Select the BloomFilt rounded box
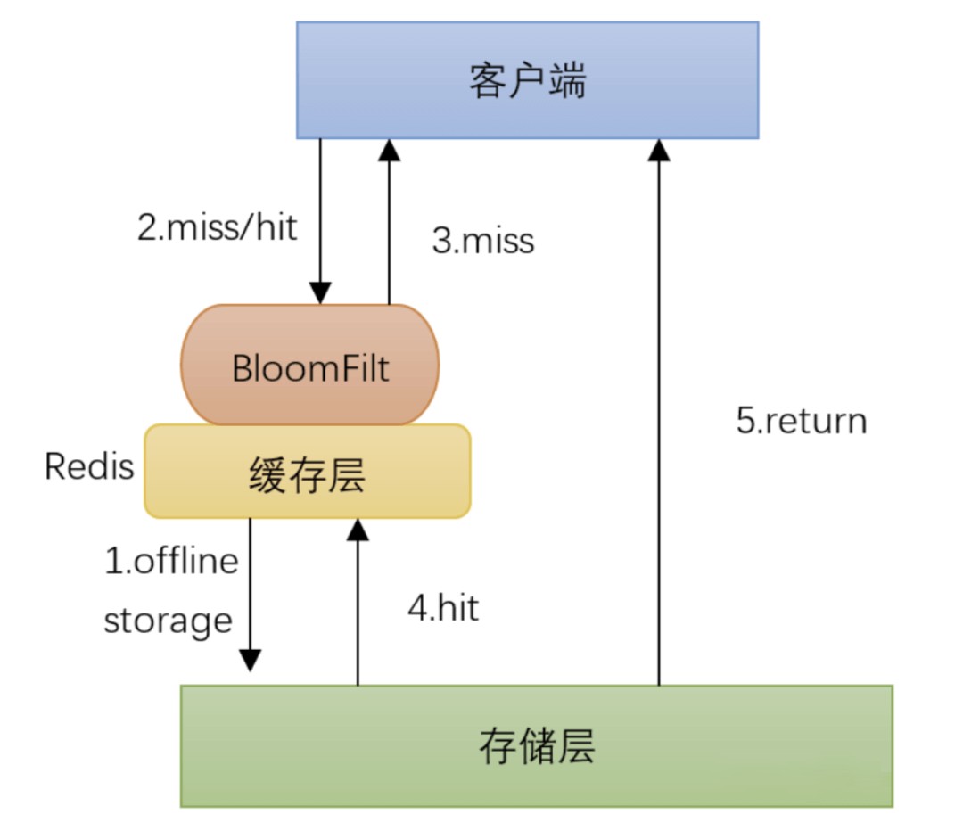click(x=310, y=366)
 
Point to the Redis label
click(x=89, y=466)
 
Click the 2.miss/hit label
click(x=216, y=227)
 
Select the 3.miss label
click(x=482, y=241)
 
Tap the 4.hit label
click(x=443, y=608)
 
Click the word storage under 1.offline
click(x=169, y=621)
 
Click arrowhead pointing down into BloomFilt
click(x=320, y=292)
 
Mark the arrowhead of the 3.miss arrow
click(x=389, y=149)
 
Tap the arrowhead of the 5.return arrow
click(x=659, y=149)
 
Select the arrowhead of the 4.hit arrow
click(x=358, y=530)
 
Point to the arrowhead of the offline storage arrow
click(x=251, y=661)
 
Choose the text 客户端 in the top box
click(x=527, y=81)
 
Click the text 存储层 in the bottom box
click(x=536, y=746)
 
